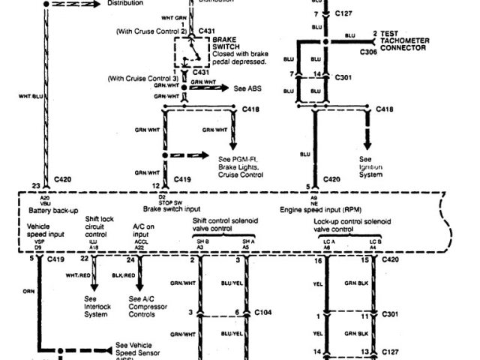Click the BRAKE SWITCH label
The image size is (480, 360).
click(225, 41)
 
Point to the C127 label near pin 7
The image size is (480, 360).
click(344, 14)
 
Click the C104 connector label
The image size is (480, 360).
click(262, 311)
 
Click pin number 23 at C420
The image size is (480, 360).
click(35, 185)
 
